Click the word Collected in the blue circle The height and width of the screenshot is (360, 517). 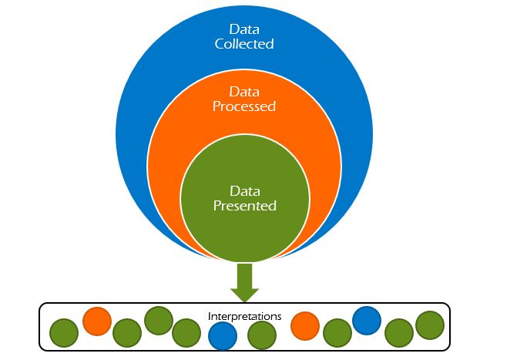coord(244,44)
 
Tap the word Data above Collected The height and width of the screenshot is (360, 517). coord(244,29)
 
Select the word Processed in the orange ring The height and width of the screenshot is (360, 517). coord(244,106)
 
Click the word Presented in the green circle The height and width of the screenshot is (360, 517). coord(244,206)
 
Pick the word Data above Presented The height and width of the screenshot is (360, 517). coord(244,190)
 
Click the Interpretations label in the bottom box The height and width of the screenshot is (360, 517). coord(244,316)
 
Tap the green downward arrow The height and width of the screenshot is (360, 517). coord(244,282)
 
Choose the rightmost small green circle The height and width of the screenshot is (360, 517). coord(430,325)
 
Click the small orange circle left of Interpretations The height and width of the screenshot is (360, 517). coord(96,321)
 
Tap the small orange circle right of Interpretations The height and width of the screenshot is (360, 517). coord(304,325)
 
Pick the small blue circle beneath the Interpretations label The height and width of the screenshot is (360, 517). coord(223,334)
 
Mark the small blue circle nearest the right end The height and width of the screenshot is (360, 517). coord(367,319)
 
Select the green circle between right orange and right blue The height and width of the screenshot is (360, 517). coord(337,333)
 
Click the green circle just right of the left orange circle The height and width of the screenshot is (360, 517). coord(126,333)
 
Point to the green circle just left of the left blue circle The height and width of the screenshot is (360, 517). coord(186,333)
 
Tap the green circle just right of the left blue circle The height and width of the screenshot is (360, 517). coord(262,334)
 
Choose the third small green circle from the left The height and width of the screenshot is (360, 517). coord(157,320)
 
